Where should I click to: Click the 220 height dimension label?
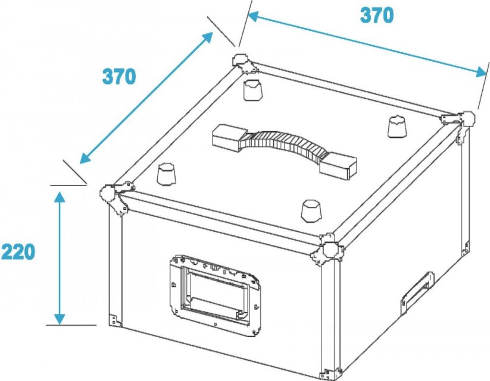tap(18, 252)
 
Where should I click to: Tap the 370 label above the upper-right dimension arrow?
tap(377, 15)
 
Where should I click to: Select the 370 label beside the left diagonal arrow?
tap(119, 77)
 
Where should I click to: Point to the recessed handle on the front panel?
tap(216, 295)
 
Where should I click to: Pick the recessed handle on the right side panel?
tap(417, 293)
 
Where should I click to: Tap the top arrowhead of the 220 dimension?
tap(60, 197)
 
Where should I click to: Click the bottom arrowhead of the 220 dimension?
tap(60, 319)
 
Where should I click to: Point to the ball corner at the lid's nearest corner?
tap(327, 250)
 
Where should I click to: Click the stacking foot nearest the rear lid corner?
tap(252, 90)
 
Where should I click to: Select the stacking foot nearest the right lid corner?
tap(398, 127)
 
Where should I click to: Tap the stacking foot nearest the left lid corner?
tap(166, 174)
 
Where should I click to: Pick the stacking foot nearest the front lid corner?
tap(311, 211)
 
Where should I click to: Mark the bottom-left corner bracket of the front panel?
tap(115, 320)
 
